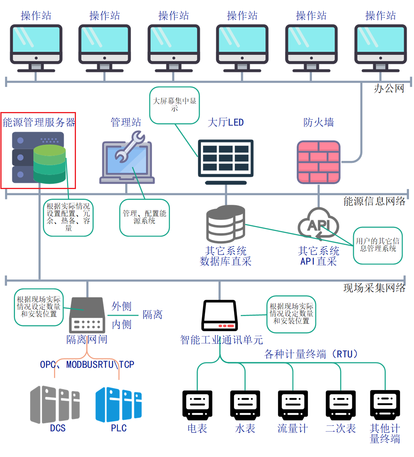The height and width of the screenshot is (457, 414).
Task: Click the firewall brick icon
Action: point(318,162)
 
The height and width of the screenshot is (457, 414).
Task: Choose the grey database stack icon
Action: point(226,224)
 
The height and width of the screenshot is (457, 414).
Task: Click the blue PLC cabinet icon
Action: point(118,405)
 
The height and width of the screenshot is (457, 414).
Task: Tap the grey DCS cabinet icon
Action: point(55,405)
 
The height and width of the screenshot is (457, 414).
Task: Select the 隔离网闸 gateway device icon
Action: point(87,315)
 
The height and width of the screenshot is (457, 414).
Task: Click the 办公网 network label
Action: point(389,89)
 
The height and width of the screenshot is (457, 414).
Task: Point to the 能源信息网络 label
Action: point(374,201)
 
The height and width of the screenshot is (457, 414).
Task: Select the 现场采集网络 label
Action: point(374,288)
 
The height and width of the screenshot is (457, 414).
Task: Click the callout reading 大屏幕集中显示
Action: point(174,105)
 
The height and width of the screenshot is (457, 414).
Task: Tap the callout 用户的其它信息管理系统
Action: point(378,245)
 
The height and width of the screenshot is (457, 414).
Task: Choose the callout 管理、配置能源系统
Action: point(144,217)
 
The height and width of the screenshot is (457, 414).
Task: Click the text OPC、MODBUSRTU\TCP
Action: point(87,364)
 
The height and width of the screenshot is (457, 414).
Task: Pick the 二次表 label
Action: point(340,429)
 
